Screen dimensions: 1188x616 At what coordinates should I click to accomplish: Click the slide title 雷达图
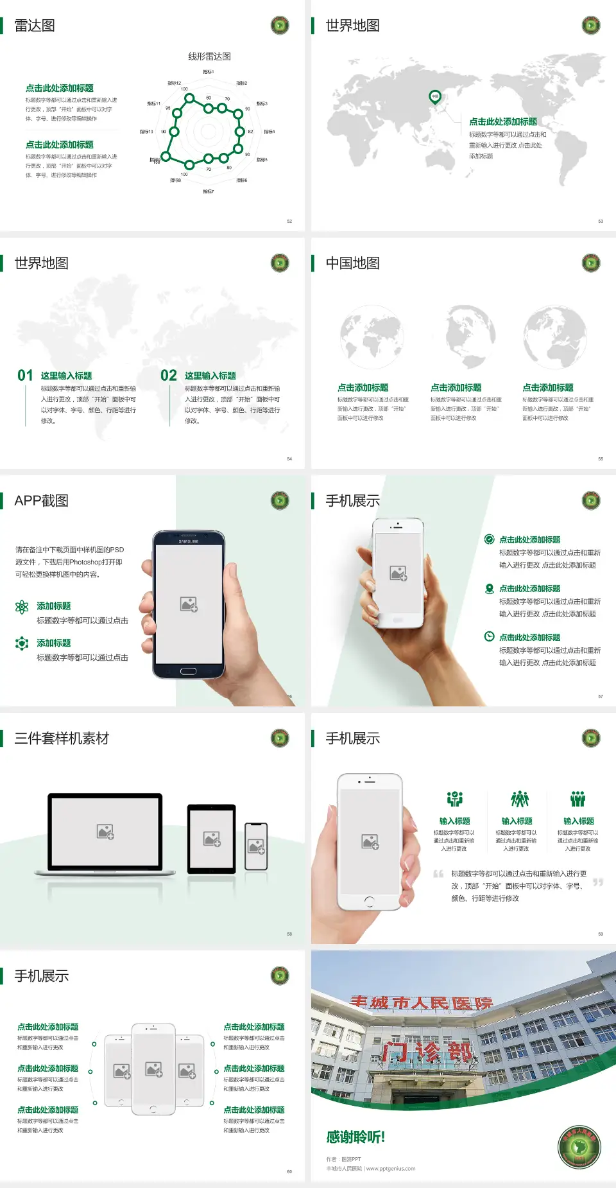35,26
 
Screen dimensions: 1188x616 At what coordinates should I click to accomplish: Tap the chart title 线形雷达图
209,57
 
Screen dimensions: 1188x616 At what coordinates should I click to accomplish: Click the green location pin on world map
434,97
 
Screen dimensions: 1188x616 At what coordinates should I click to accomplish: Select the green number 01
25,375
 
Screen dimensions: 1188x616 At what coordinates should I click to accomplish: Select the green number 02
169,375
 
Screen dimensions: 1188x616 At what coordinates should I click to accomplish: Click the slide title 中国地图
352,263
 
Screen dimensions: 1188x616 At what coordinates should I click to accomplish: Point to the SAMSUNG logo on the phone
189,541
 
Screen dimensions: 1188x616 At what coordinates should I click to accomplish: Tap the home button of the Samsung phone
188,671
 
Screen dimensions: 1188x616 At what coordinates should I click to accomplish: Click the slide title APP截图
41,501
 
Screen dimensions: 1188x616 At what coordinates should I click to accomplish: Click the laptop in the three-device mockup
105,833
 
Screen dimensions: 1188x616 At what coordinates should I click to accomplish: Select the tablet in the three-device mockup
212,838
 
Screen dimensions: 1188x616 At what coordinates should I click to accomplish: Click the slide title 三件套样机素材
62,738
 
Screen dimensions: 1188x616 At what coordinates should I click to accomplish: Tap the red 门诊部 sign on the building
427,1052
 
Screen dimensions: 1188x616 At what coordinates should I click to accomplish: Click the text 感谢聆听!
355,1137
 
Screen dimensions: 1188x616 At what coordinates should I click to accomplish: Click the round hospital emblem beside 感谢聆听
579,1147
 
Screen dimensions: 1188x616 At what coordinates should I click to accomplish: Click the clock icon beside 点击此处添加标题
489,636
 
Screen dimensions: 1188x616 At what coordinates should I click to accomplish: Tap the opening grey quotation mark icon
438,874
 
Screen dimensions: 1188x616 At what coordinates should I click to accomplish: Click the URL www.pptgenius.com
391,1169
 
